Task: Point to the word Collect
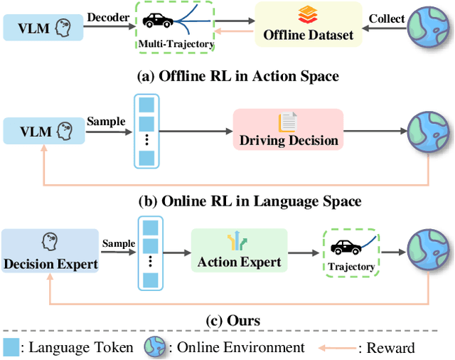click(387, 18)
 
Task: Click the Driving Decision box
click(288, 129)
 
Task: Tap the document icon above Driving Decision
click(287, 122)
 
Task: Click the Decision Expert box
click(50, 250)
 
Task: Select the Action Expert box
click(239, 250)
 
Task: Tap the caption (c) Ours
click(233, 320)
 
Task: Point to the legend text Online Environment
click(237, 347)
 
